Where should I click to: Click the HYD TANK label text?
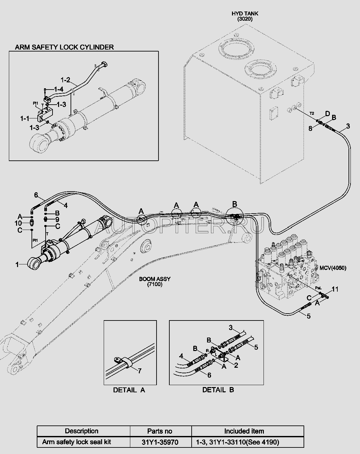click(245, 14)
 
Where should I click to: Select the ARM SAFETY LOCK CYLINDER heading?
click(64, 47)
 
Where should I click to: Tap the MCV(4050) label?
click(332, 268)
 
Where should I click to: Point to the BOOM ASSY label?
click(155, 279)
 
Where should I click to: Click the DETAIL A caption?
click(129, 390)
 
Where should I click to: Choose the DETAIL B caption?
click(218, 390)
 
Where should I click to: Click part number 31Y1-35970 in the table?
click(161, 442)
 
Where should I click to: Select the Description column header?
click(81, 431)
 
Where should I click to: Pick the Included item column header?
click(244, 431)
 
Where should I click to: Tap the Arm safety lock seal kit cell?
click(76, 442)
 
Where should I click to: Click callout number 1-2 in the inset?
click(65, 80)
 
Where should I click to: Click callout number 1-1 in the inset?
click(25, 118)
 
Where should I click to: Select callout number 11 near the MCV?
click(335, 289)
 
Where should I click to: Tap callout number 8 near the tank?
click(310, 129)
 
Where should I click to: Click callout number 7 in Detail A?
click(139, 371)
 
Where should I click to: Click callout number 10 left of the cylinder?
click(18, 223)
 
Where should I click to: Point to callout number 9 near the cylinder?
click(57, 219)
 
